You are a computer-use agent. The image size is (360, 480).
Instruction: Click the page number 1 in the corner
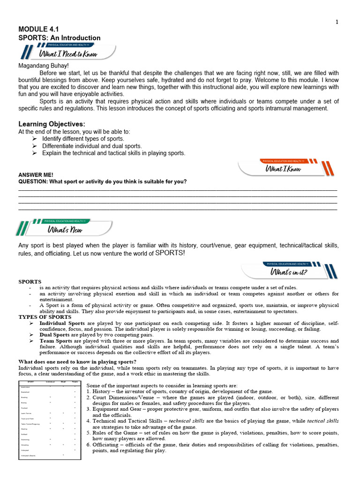(x=337, y=22)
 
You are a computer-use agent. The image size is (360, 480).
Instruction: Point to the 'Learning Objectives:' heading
(x=52, y=124)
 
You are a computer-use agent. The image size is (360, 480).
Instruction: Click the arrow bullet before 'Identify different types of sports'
(x=35, y=139)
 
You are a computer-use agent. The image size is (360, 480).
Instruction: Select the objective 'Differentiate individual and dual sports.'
(x=92, y=146)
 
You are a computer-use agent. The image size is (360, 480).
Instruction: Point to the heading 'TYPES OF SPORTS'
(x=42, y=317)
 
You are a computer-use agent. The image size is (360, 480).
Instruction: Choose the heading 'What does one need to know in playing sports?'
(x=77, y=361)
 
